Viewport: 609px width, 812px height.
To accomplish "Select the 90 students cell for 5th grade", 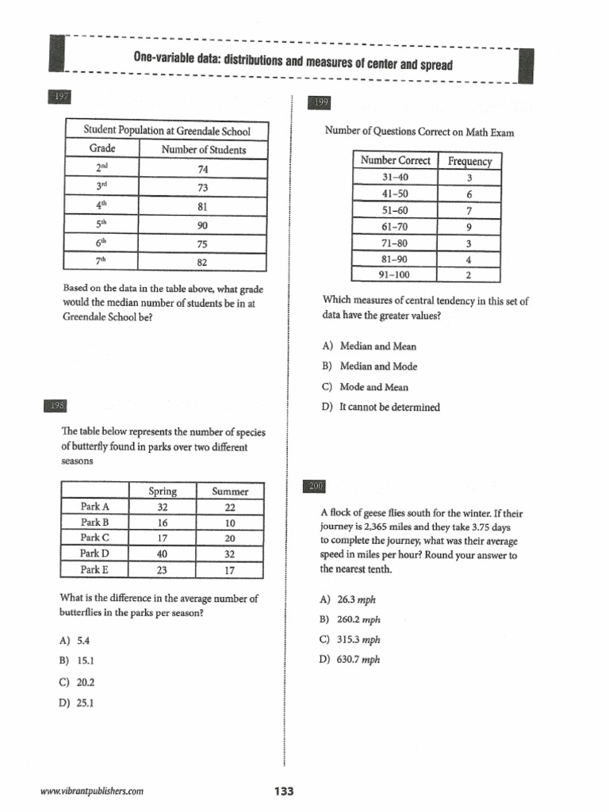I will (x=202, y=225).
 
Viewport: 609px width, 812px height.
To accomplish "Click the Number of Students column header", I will (x=203, y=149).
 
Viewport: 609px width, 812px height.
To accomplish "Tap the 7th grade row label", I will (x=101, y=261).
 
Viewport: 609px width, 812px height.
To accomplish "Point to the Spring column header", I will (x=163, y=491).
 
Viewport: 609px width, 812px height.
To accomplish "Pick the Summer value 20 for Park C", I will (x=230, y=537).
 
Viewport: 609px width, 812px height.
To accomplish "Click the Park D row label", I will (x=94, y=553).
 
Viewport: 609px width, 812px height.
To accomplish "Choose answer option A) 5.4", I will (x=77, y=640).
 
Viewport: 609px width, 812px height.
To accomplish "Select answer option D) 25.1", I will (x=77, y=702).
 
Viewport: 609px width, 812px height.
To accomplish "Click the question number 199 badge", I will (x=321, y=102).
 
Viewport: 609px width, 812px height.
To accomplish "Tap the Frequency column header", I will (x=469, y=161).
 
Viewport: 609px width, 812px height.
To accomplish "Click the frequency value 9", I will (x=469, y=227).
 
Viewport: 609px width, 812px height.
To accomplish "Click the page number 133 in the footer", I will (x=283, y=791).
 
